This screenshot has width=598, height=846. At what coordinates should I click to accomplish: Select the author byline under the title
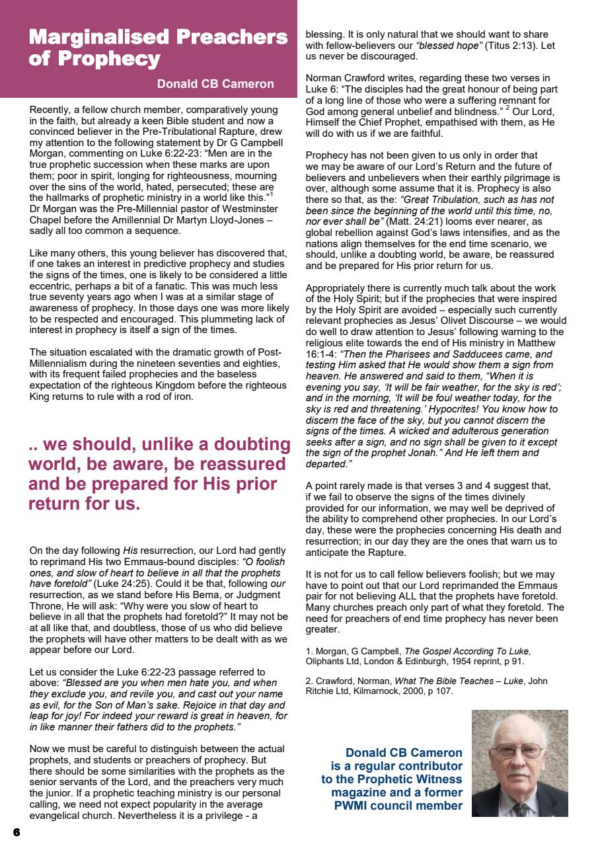click(215, 84)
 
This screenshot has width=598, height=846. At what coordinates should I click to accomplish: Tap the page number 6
click(16, 831)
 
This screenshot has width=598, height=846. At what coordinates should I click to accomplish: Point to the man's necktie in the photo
click(521, 808)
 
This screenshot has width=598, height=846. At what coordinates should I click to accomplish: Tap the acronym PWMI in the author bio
click(354, 806)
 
